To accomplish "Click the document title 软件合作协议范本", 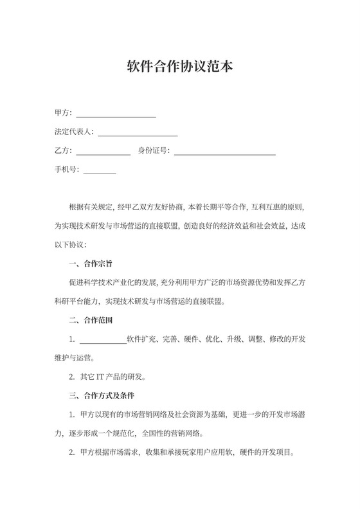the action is tap(179, 67).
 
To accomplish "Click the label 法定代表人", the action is tap(73, 132).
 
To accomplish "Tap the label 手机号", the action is tap(66, 170).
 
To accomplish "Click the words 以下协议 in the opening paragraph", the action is tap(72, 245).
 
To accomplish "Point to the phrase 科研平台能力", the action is tap(76, 301).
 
